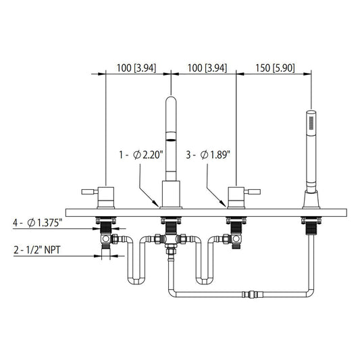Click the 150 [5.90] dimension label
pos(275,68)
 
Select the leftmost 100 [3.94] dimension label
pos(136,68)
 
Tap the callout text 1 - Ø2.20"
pos(141,155)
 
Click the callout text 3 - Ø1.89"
pos(208,155)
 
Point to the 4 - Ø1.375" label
pos(38,223)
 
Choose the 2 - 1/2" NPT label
pos(37,250)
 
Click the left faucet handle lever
pos(90,191)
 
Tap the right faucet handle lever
pos(252,191)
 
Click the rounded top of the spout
pos(171,100)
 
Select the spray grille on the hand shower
pos(311,123)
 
